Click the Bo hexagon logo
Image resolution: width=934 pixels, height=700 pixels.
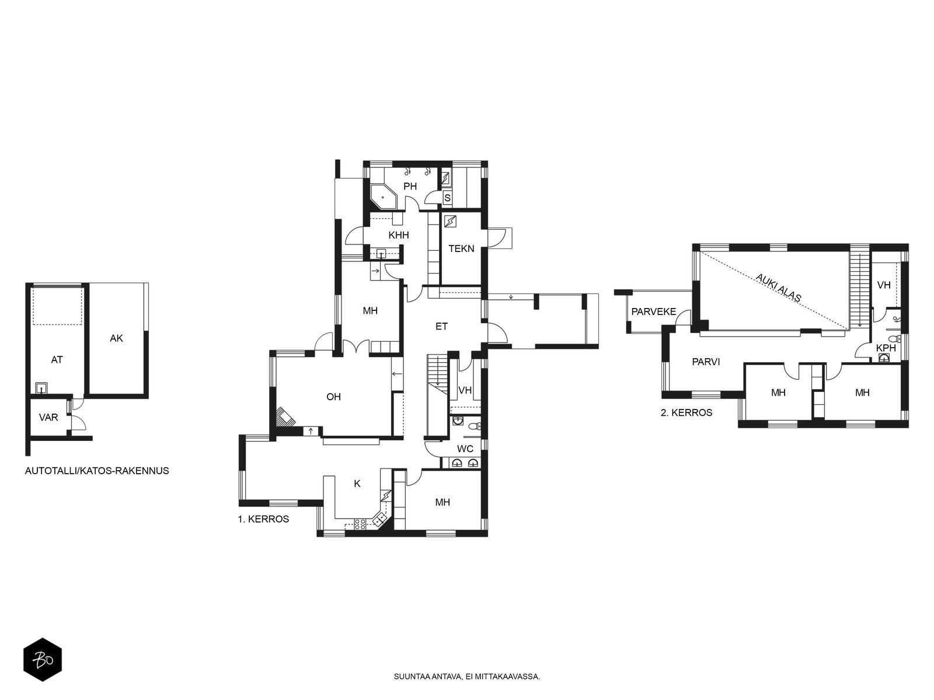pyautogui.click(x=43, y=660)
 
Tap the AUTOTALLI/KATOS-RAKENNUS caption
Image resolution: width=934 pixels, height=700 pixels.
pyautogui.click(x=97, y=471)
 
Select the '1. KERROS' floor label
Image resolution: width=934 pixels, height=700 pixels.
pyautogui.click(x=263, y=519)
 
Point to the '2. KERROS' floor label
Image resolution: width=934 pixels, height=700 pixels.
pyautogui.click(x=686, y=412)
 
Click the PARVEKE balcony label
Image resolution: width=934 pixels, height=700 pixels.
pyautogui.click(x=654, y=311)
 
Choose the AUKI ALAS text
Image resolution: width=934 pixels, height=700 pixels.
pyautogui.click(x=778, y=288)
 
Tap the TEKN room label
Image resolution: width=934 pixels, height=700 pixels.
pyautogui.click(x=461, y=249)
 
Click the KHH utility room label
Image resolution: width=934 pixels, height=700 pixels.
pyautogui.click(x=399, y=235)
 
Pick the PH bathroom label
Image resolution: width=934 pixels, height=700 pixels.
pyautogui.click(x=410, y=186)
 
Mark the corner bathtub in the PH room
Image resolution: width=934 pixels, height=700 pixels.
pyautogui.click(x=383, y=197)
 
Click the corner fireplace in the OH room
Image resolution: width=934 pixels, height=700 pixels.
pyautogui.click(x=285, y=417)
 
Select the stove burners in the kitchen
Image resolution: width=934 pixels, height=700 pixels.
pyautogui.click(x=360, y=524)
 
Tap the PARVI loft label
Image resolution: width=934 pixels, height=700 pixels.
pyautogui.click(x=706, y=362)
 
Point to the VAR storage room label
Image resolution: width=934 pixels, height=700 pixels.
pyautogui.click(x=48, y=417)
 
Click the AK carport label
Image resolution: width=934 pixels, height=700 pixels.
pyautogui.click(x=116, y=338)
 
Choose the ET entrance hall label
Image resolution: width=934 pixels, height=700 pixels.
pyautogui.click(x=442, y=327)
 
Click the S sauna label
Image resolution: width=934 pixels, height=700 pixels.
pyautogui.click(x=447, y=198)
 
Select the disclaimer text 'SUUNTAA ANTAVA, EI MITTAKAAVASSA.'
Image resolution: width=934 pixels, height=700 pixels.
pyautogui.click(x=467, y=677)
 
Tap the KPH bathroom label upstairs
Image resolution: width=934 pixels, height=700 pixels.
pyautogui.click(x=886, y=348)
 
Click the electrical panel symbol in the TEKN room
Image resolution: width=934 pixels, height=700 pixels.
pyautogui.click(x=450, y=222)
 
